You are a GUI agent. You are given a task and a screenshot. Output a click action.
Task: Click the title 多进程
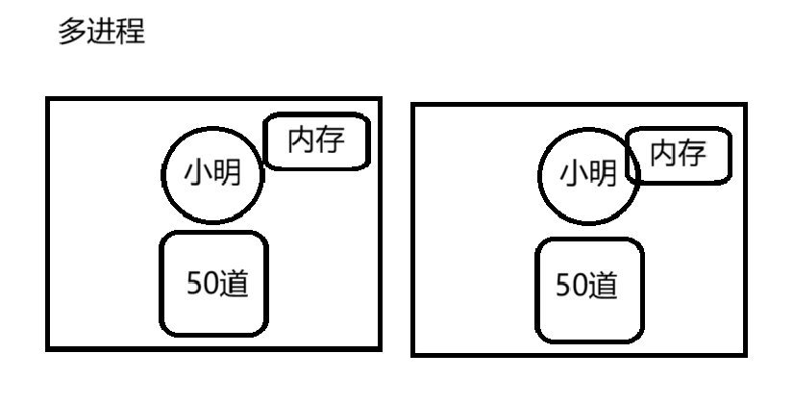[x=103, y=33]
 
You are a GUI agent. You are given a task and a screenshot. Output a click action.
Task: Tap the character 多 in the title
[x=75, y=33]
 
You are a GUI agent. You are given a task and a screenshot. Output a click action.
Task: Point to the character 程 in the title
[x=131, y=33]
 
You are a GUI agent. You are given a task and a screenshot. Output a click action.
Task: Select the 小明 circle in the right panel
[x=587, y=174]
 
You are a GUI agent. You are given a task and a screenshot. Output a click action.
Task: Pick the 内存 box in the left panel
[x=316, y=141]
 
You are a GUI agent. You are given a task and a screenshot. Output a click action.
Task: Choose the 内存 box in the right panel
[x=679, y=154]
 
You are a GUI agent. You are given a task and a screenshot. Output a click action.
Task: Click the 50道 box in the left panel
[x=212, y=284]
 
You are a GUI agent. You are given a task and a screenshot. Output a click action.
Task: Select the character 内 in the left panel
[x=302, y=140]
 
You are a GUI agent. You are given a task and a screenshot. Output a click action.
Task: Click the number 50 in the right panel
[x=571, y=287]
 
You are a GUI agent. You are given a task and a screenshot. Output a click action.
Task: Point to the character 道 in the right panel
[x=602, y=287]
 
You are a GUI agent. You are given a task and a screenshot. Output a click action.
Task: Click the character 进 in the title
[x=103, y=33]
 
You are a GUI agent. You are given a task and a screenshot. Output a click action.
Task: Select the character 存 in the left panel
[x=331, y=140]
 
